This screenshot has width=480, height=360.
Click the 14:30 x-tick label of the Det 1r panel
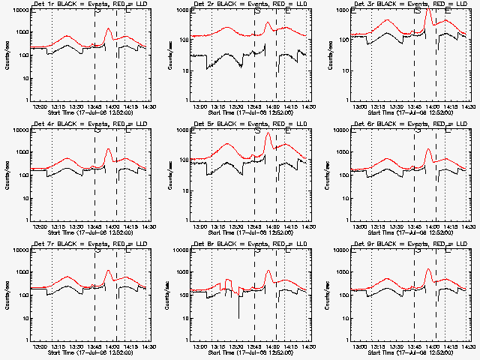[x=147, y=107]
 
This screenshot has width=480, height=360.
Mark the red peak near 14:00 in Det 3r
[x=428, y=11]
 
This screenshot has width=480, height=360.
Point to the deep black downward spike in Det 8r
[x=239, y=317]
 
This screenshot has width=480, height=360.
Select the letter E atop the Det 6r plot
[x=448, y=130]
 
